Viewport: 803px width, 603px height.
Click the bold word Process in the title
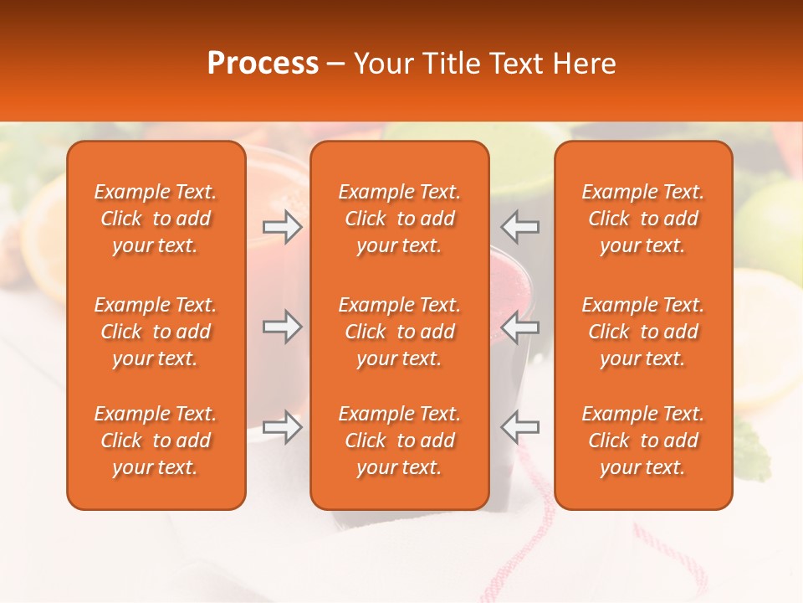pos(263,64)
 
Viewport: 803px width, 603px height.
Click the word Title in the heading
pos(453,64)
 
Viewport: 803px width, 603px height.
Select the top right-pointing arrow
pos(282,227)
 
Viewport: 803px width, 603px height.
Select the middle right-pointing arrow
pos(282,327)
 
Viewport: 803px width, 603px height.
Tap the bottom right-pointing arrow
pos(282,427)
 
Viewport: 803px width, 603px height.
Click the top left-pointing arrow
pos(519,227)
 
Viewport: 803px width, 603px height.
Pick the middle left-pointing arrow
pos(519,327)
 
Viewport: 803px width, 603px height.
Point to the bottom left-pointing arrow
pos(519,427)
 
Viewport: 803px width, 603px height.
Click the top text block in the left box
pos(156,219)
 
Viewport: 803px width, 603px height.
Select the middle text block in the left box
pos(156,332)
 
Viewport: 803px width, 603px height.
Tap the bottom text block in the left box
pos(156,441)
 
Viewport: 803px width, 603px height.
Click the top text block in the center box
pos(399,219)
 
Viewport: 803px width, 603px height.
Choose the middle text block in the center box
pos(399,332)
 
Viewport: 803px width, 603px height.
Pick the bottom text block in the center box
pos(399,441)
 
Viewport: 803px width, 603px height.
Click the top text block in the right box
pos(643,219)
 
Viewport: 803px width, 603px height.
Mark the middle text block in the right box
pos(643,332)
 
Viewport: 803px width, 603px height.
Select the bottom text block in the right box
pos(643,441)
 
